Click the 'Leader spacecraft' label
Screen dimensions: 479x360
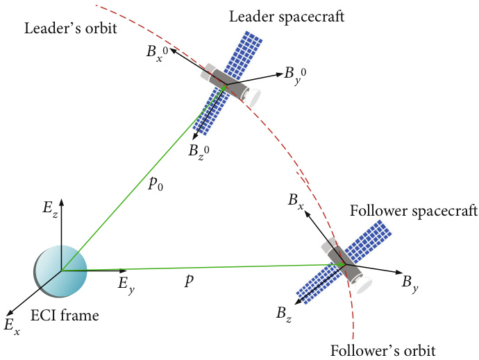(287, 17)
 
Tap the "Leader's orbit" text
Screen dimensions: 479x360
(71, 28)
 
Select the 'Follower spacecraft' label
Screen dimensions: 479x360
(414, 212)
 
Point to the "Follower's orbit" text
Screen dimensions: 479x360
(383, 350)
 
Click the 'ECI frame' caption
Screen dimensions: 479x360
(65, 316)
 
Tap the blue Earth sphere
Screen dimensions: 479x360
(60, 271)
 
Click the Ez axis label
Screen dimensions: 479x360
(51, 210)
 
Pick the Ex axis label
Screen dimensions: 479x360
(12, 326)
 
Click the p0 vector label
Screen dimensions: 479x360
(156, 184)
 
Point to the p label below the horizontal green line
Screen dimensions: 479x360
(189, 280)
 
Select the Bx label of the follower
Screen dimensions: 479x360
(296, 202)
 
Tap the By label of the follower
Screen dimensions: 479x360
(410, 284)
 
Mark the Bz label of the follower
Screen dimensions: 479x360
(284, 314)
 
